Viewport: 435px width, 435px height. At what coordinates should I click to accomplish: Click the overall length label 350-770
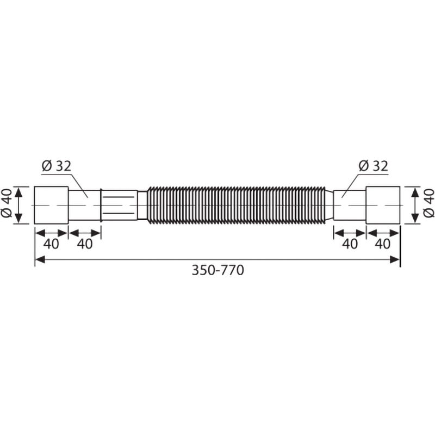[217, 270]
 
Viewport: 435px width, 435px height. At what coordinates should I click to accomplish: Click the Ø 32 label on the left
[57, 166]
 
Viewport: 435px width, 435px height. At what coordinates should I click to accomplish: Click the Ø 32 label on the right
[374, 166]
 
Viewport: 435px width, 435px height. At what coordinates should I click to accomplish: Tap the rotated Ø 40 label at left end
[7, 205]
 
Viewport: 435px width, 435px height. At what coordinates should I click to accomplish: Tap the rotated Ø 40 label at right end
[428, 205]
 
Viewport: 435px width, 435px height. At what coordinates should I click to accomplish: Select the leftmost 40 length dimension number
[51, 244]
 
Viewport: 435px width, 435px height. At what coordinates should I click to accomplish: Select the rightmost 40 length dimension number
[383, 244]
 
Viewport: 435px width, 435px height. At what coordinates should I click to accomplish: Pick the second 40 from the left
[84, 244]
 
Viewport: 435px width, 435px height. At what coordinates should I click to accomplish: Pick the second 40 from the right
[350, 244]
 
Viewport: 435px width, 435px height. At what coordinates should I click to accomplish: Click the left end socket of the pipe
[51, 205]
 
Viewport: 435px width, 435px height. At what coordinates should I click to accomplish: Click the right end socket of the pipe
[383, 205]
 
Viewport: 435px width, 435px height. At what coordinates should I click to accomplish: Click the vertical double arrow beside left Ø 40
[19, 205]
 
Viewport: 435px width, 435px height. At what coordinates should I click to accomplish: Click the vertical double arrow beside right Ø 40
[416, 205]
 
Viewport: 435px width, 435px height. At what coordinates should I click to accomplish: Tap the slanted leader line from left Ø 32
[77, 185]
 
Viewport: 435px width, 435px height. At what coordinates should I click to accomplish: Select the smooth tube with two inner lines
[120, 205]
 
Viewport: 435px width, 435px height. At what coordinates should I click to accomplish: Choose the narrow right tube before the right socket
[349, 205]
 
